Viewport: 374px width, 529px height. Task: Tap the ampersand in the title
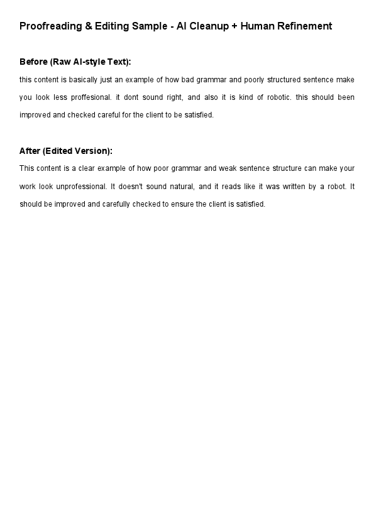tap(88, 26)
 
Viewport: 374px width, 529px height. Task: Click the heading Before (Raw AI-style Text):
tap(75, 62)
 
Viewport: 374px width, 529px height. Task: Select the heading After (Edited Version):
tap(66, 151)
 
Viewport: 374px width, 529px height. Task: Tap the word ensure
tap(182, 204)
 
